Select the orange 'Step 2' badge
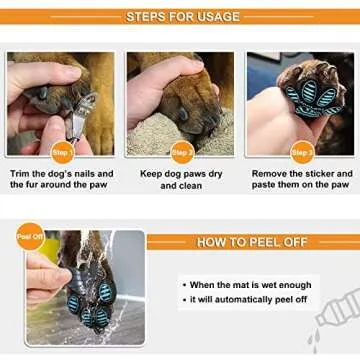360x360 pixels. (x=182, y=152)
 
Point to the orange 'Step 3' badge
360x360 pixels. (x=300, y=152)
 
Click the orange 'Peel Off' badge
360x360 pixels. (x=29, y=239)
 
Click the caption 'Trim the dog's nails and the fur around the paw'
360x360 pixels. (x=62, y=179)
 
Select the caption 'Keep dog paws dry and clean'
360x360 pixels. (x=181, y=179)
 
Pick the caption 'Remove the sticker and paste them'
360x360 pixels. (x=301, y=179)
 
